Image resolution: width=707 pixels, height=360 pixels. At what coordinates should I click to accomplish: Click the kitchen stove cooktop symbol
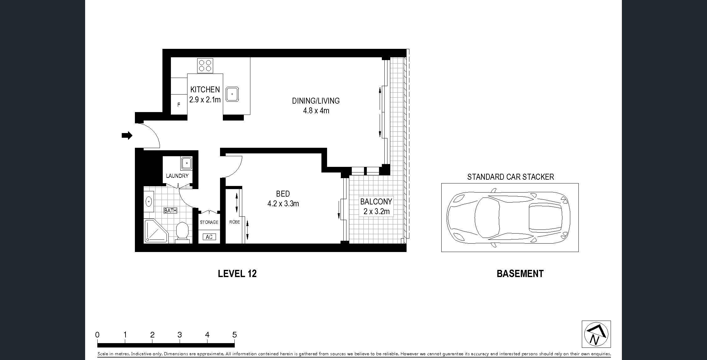pyautogui.click(x=205, y=66)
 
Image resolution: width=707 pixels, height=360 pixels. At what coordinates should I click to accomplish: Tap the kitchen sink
pyautogui.click(x=232, y=94)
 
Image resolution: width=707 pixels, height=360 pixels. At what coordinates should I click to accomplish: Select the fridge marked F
pyautogui.click(x=179, y=105)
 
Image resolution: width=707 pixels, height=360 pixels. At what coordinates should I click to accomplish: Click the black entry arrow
pyautogui.click(x=127, y=136)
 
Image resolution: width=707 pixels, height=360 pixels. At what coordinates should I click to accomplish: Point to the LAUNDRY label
pyautogui.click(x=177, y=176)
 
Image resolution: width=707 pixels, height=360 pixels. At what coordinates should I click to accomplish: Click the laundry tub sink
pyautogui.click(x=187, y=163)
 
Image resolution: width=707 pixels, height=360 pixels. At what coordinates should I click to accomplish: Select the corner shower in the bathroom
pyautogui.click(x=156, y=231)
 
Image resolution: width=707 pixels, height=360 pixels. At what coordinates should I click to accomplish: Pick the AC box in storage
pyautogui.click(x=209, y=237)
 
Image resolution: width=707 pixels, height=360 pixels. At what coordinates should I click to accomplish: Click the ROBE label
pyautogui.click(x=235, y=222)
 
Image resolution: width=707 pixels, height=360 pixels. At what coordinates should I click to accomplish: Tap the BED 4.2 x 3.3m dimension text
pyautogui.click(x=283, y=204)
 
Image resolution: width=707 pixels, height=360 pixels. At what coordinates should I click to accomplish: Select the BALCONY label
pyautogui.click(x=376, y=201)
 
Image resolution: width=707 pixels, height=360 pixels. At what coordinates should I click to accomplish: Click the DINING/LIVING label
pyautogui.click(x=316, y=101)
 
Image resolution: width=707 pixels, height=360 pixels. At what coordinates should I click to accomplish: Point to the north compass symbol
pyautogui.click(x=596, y=334)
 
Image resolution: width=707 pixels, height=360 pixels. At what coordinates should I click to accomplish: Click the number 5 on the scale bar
pyautogui.click(x=235, y=335)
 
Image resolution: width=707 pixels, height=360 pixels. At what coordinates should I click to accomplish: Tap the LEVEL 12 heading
pyautogui.click(x=237, y=274)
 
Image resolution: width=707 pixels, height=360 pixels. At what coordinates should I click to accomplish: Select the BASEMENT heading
pyautogui.click(x=520, y=274)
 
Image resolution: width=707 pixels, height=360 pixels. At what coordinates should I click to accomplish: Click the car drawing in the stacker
pyautogui.click(x=509, y=218)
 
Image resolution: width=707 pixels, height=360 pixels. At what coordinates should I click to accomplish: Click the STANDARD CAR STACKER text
pyautogui.click(x=510, y=177)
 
